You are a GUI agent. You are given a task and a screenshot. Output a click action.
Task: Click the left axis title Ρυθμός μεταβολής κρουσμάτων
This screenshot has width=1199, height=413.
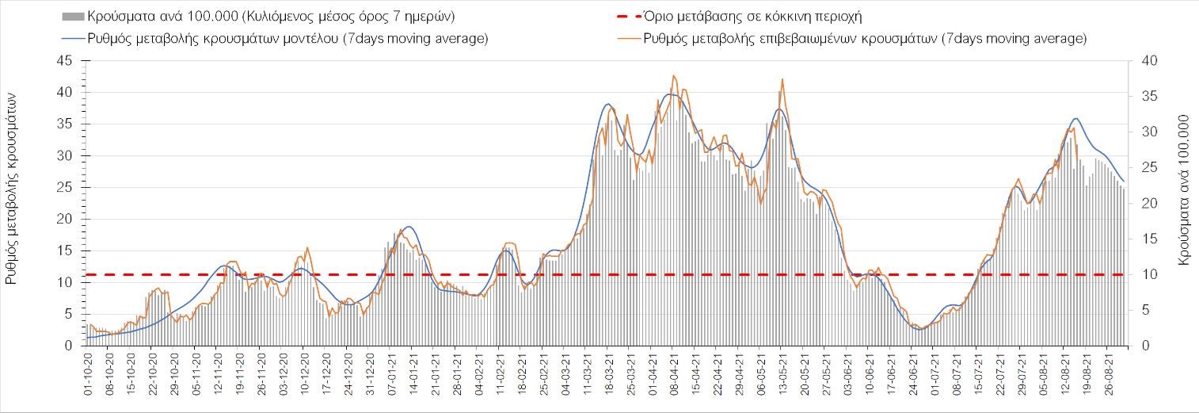click(13, 187)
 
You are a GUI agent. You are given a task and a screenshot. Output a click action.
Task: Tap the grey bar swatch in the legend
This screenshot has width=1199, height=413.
click(72, 16)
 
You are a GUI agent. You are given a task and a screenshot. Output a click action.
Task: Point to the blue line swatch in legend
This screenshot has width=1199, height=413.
click(72, 39)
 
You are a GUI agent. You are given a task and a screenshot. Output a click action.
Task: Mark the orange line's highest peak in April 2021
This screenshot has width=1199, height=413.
click(673, 75)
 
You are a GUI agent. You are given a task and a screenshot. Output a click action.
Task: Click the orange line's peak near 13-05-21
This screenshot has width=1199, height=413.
click(782, 78)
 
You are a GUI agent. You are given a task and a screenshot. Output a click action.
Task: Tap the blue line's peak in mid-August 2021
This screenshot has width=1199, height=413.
click(1075, 118)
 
